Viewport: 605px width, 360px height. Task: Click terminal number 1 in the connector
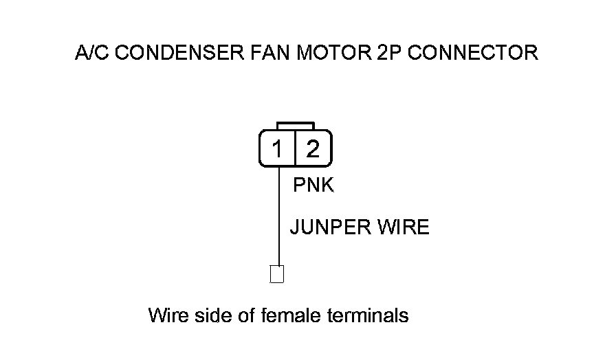tap(277, 148)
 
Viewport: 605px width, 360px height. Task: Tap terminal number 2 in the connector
tap(313, 148)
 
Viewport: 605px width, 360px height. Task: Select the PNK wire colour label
tap(313, 185)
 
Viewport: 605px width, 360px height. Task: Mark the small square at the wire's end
tap(277, 273)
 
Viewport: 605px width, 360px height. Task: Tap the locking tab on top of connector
tap(295, 126)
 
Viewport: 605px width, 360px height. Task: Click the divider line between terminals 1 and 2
tap(295, 148)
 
